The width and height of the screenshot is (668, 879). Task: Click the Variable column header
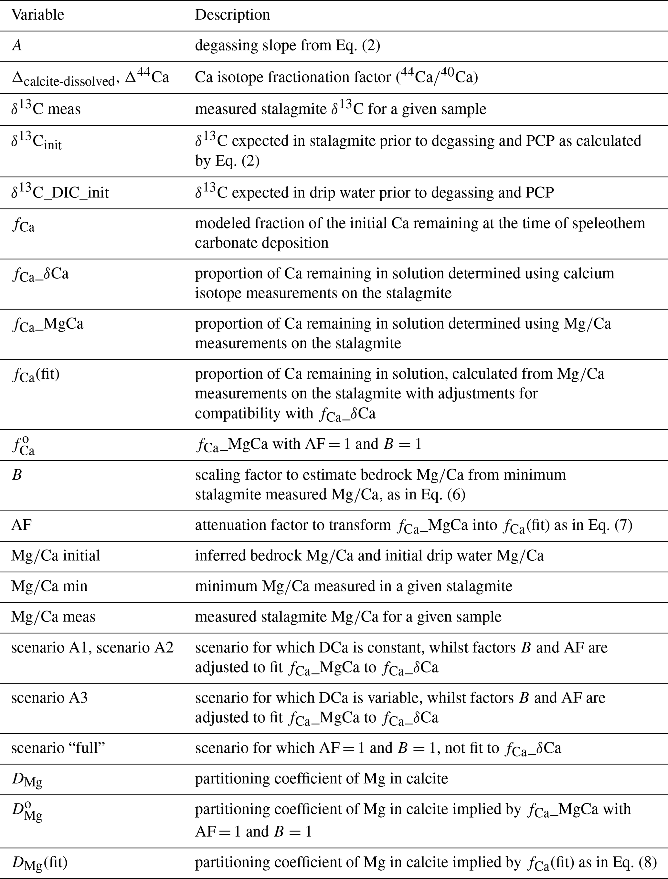[37, 15]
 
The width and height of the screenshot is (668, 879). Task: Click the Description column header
[232, 15]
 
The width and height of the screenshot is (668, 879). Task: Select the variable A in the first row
[17, 46]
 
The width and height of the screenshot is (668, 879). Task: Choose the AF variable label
[21, 525]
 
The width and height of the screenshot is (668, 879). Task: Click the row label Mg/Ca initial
[56, 556]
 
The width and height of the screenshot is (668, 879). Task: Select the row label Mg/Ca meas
[53, 617]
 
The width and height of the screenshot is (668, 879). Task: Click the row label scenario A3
[49, 698]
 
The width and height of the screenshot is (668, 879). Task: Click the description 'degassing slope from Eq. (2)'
[287, 46]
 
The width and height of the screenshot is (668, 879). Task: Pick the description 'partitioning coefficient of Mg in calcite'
[321, 778]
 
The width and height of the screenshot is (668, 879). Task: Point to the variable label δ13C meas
[46, 109]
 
